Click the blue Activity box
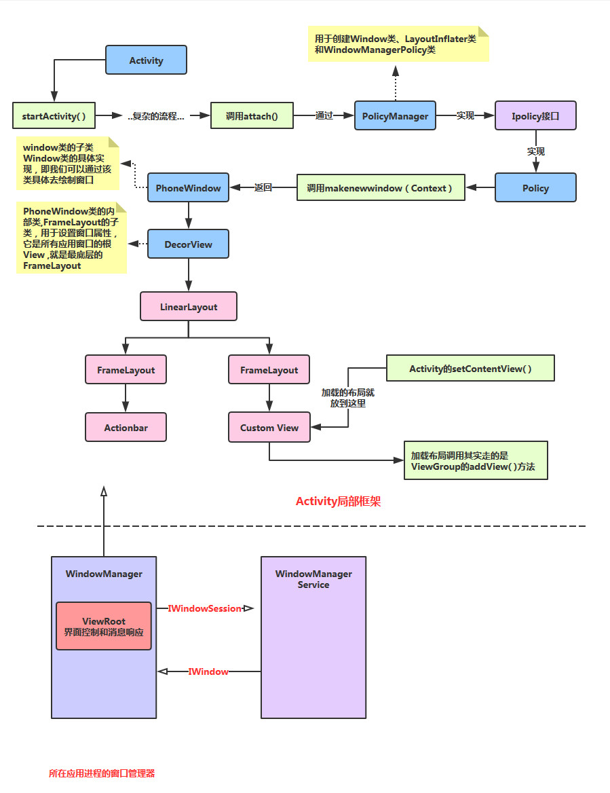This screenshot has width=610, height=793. pos(146,60)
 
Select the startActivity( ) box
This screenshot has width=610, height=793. pos(54,115)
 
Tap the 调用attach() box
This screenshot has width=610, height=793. pos(252,115)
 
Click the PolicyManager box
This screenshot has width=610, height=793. pos(395,115)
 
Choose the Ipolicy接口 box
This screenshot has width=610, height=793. pos(535,115)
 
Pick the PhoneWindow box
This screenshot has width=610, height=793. pos(188,187)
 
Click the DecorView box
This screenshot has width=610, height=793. pos(188,244)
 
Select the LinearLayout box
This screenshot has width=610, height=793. pos(189,307)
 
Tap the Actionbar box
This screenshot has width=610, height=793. pos(126,428)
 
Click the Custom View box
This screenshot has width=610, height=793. pos(269,428)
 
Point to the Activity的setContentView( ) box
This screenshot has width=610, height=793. pos(470,369)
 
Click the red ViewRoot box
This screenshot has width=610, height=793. pos(104,626)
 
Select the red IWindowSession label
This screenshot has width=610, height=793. pos(205,609)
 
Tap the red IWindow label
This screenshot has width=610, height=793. pos(208,671)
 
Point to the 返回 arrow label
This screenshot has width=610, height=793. pos(263,187)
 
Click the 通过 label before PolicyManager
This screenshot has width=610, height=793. pos(324,115)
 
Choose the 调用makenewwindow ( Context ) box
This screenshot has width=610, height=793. pos(380,187)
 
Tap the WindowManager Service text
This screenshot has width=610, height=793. pos(313,579)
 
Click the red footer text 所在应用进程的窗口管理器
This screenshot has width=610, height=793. pos(102,773)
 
